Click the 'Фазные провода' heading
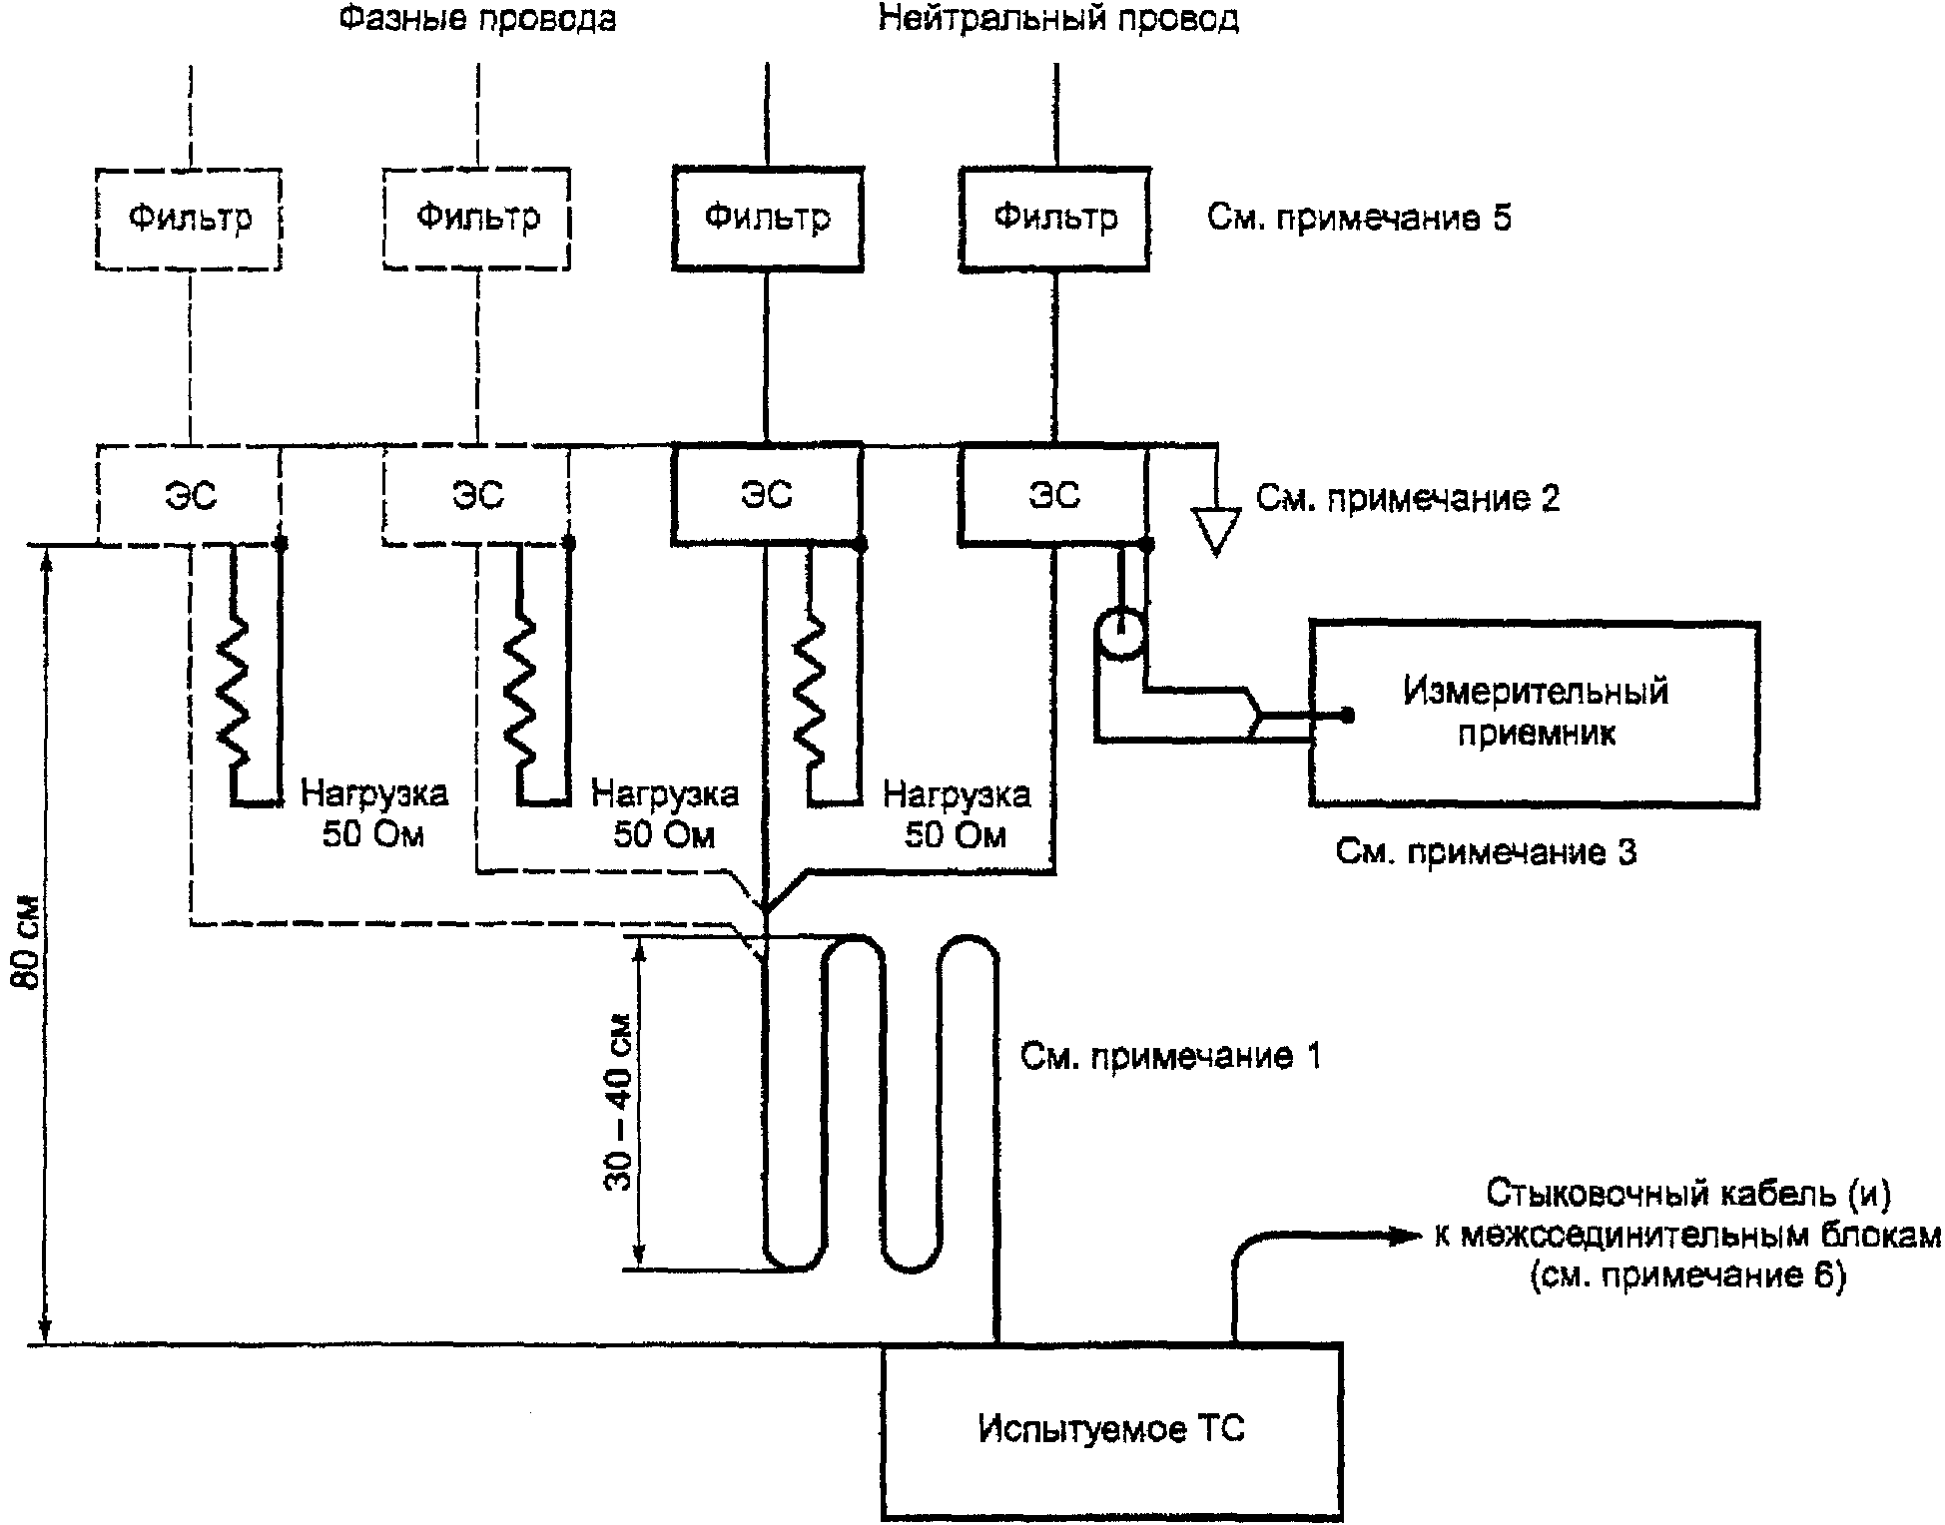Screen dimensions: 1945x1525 [x=476, y=19]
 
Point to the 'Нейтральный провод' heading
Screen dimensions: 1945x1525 [x=1058, y=19]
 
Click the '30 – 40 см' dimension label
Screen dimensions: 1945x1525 [x=619, y=1103]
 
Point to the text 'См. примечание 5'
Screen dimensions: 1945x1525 [x=1359, y=218]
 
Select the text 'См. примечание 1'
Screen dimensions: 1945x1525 [x=1170, y=1056]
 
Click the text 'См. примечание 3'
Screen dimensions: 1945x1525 [x=1486, y=851]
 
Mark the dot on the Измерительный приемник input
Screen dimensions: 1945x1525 [x=1347, y=715]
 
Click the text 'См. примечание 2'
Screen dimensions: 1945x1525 [x=1408, y=497]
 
